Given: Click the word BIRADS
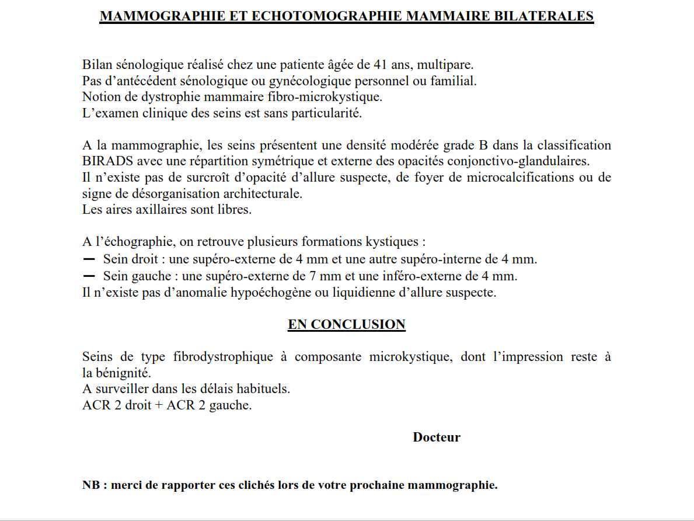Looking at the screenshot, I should tap(103, 161).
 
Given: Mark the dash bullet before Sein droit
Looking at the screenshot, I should tap(89, 258).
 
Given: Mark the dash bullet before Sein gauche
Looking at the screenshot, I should tap(89, 275).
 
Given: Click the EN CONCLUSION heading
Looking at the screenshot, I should tap(347, 325).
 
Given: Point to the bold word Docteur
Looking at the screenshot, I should tap(437, 437).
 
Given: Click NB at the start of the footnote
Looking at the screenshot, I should tap(90, 485).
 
